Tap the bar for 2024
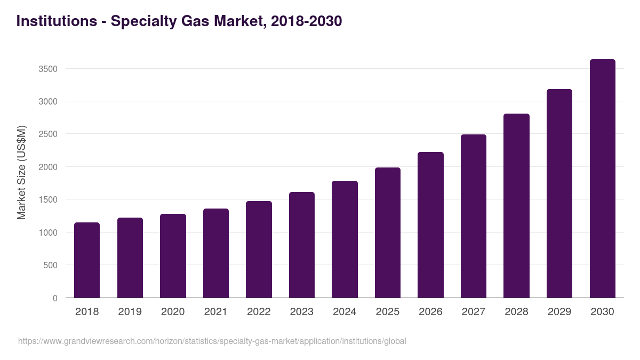pos(345,239)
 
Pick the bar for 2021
pos(216,253)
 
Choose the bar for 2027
pos(474,216)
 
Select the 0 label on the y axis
pos(55,298)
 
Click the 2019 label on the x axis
pos(130,312)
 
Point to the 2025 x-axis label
pos(388,312)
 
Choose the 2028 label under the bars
pos(516,312)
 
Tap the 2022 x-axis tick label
pos(259,312)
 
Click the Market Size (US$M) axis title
pos(21,172)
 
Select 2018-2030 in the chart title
pos(306,21)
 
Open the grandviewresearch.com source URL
pos(212,341)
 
